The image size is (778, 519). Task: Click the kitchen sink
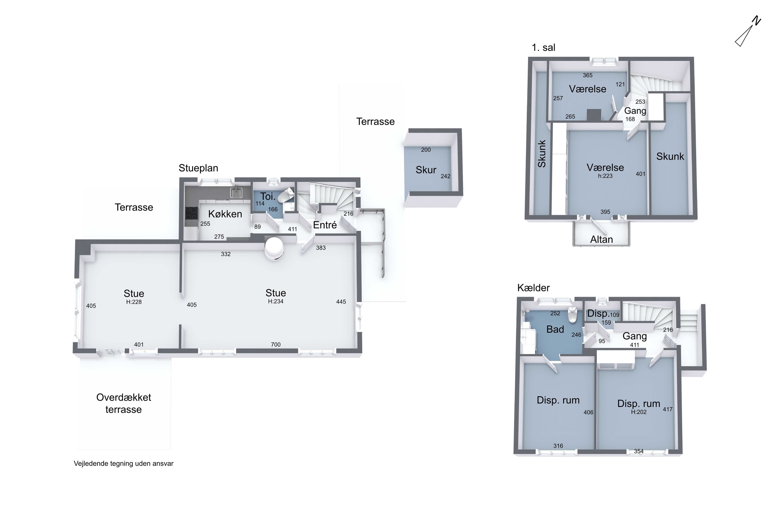point(236,192)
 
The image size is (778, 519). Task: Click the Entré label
point(325,225)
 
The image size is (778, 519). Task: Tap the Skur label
point(426,170)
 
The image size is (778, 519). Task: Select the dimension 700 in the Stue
point(275,345)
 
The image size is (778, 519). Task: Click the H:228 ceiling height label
point(134,302)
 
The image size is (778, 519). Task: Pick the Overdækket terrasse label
point(124,403)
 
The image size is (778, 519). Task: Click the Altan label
point(601,239)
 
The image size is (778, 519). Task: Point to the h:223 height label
point(605,176)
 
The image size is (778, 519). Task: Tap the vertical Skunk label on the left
point(541,154)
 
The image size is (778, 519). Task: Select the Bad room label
point(555,329)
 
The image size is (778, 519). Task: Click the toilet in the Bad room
point(572,315)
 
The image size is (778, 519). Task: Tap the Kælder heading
point(533,288)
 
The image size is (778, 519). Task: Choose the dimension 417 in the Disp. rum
point(668,409)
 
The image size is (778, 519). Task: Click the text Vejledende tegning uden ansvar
point(123,463)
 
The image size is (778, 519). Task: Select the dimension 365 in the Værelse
point(587,75)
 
